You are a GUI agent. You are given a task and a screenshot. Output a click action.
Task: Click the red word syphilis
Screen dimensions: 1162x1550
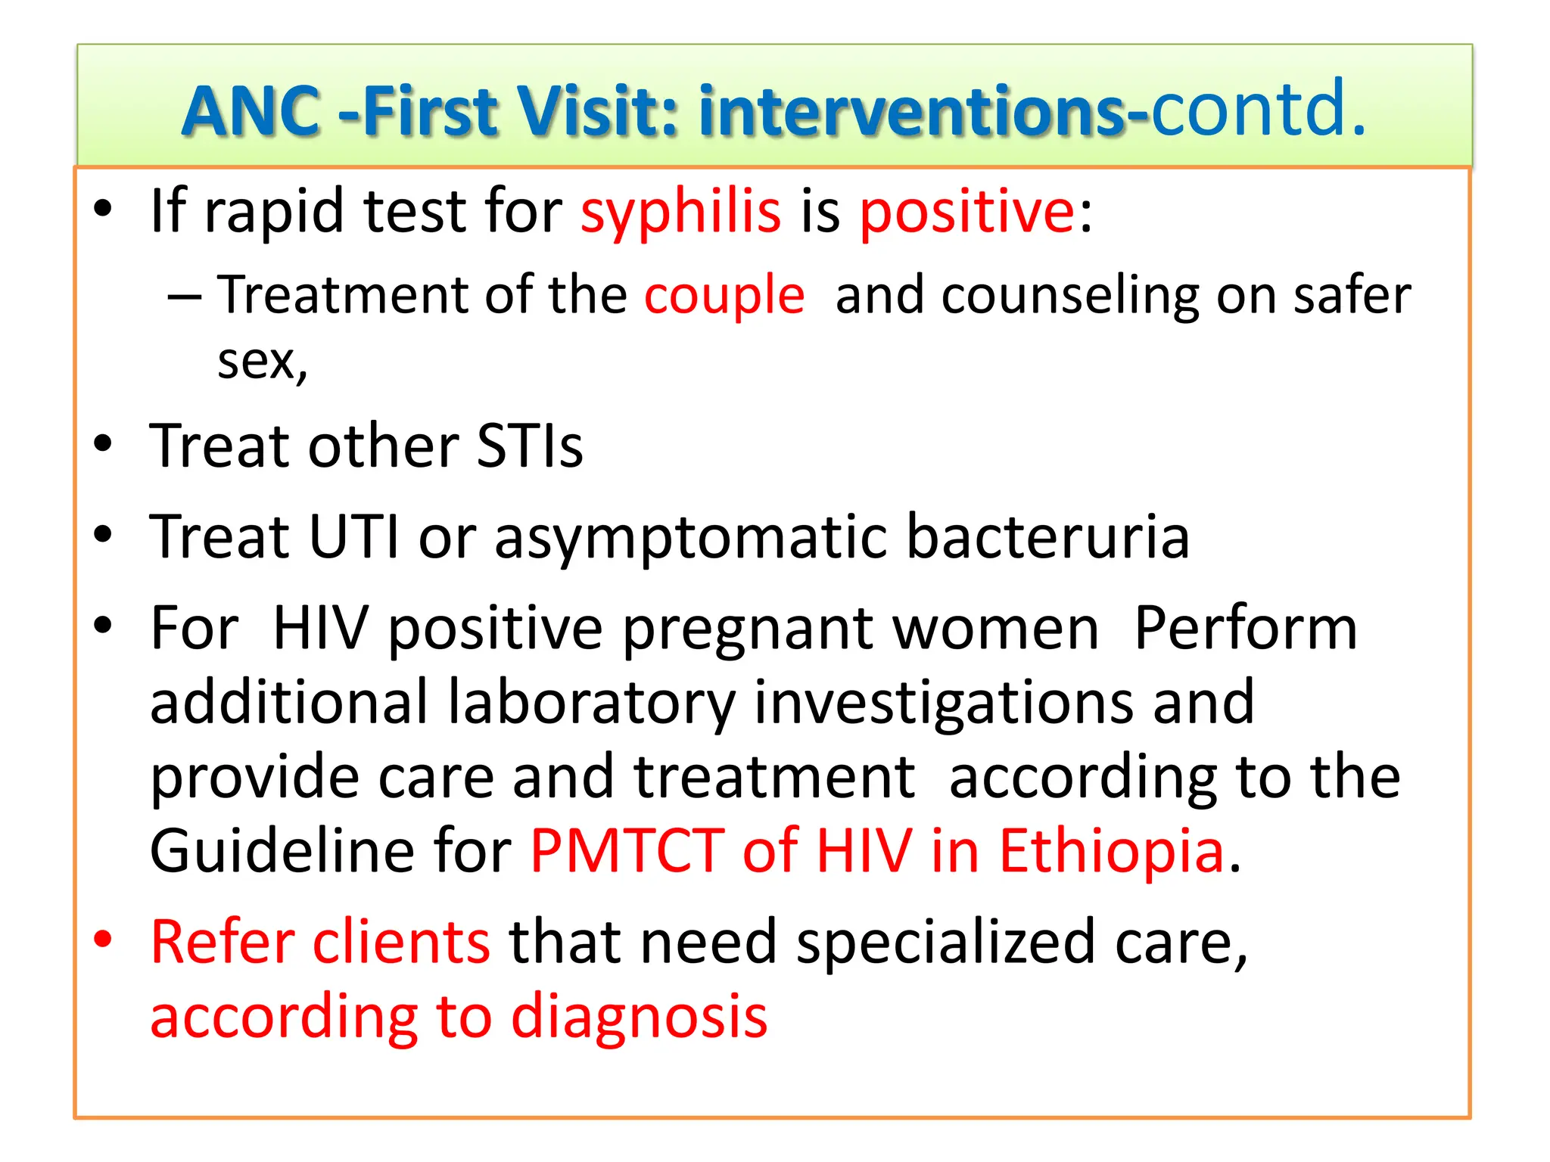(680, 212)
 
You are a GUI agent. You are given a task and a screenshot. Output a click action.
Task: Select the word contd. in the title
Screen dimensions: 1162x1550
(1258, 110)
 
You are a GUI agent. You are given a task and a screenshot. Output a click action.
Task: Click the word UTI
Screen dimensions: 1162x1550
(353, 537)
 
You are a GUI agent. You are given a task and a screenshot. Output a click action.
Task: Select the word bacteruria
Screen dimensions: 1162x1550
(1047, 537)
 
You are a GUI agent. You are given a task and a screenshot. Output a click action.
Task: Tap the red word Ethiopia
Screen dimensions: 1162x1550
(1111, 851)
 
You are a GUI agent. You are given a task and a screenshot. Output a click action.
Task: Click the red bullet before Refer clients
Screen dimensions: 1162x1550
(103, 940)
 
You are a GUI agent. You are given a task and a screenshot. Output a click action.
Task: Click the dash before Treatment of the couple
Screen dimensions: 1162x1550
(184, 297)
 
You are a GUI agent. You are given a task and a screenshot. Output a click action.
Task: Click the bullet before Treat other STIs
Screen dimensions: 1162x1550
(103, 444)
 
